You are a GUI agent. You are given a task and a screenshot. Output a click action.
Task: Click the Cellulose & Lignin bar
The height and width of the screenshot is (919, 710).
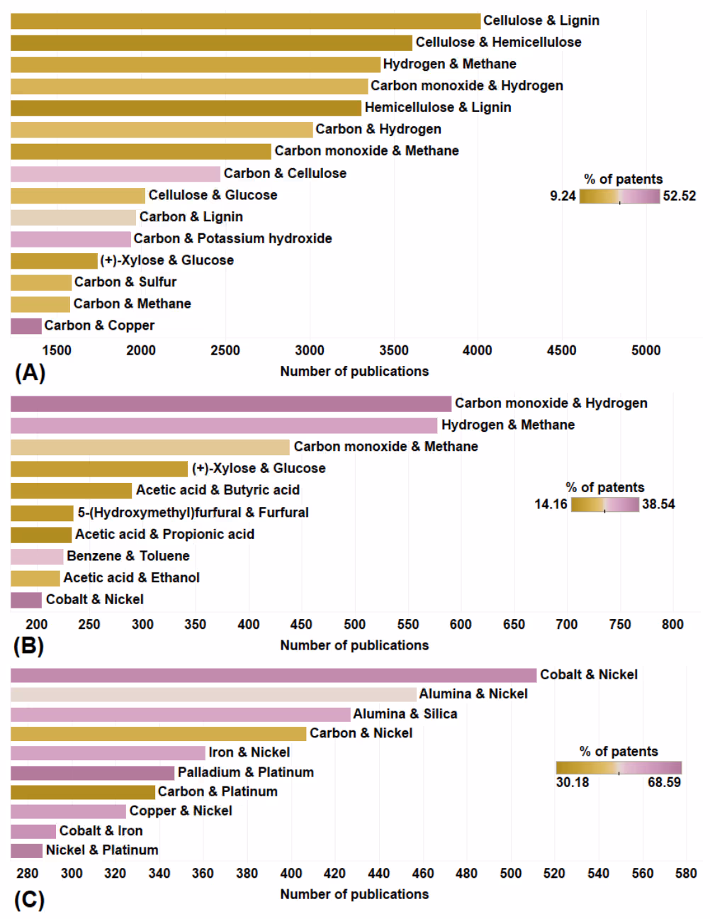tap(245, 21)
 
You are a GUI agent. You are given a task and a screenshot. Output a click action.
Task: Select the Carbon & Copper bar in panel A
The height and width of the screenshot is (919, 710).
tap(26, 325)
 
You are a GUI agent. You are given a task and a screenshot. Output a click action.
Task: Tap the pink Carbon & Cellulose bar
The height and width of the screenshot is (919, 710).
tap(115, 174)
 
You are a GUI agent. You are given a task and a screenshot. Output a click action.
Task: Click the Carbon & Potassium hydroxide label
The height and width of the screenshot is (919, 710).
tap(232, 238)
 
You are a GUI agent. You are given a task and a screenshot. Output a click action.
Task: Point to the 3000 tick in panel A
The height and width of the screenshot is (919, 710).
tap(310, 350)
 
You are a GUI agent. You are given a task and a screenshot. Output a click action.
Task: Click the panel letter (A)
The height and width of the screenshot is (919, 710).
tap(30, 372)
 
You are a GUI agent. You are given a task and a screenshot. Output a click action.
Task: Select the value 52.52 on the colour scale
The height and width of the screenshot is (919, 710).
tap(679, 196)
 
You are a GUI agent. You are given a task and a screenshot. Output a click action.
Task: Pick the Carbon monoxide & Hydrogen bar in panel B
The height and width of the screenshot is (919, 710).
tap(231, 403)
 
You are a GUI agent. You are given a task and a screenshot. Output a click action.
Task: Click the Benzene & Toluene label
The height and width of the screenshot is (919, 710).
tap(128, 556)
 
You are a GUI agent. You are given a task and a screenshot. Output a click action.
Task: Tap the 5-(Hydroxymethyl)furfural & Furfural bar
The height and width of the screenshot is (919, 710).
tap(42, 513)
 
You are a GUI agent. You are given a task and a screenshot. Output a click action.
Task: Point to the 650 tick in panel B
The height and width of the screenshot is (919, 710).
tap(514, 625)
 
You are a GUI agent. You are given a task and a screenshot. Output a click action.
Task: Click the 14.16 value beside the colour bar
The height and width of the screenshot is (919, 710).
tap(551, 504)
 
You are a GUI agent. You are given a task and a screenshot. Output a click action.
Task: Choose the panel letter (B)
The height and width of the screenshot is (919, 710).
tap(28, 646)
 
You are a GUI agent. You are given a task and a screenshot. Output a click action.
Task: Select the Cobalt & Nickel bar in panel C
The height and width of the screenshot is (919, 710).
tap(274, 675)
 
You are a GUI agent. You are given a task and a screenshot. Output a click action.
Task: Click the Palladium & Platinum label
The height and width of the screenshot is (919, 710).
tap(246, 772)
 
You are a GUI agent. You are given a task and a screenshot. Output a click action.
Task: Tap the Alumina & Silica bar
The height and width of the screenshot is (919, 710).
tap(181, 714)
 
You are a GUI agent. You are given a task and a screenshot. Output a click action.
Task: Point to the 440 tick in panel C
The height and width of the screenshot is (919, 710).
tap(379, 874)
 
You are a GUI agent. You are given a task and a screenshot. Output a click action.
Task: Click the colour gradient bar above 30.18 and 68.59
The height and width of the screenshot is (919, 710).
tap(619, 767)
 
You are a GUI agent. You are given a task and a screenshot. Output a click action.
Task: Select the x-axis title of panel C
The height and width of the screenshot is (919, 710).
tap(354, 894)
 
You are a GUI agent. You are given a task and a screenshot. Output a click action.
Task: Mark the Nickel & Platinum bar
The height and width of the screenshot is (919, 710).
tap(27, 850)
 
